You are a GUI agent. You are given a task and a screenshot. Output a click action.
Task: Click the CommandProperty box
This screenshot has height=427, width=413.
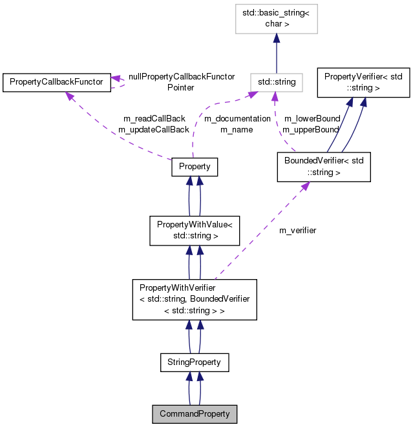(195, 413)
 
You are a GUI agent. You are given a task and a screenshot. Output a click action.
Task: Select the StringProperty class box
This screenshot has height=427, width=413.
(195, 362)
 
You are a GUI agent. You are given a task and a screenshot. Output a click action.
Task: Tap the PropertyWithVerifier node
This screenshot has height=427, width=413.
(195, 300)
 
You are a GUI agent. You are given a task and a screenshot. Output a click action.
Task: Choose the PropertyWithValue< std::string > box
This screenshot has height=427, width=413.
(195, 231)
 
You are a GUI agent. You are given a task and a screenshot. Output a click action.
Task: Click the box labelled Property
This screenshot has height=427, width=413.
(195, 167)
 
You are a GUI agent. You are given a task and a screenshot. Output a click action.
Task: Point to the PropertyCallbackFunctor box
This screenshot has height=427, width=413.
(57, 82)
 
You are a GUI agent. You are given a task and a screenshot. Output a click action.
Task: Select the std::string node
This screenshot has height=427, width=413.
(277, 82)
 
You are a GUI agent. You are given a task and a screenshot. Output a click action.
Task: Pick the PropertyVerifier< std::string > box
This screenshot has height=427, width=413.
(363, 81)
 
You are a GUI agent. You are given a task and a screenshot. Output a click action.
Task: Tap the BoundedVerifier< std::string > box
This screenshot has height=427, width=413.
(323, 167)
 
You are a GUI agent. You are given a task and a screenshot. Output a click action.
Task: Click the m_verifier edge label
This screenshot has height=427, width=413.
(297, 231)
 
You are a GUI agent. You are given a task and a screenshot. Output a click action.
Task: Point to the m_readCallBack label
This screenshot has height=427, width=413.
(154, 119)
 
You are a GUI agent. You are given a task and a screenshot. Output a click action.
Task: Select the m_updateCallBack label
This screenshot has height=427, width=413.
(154, 130)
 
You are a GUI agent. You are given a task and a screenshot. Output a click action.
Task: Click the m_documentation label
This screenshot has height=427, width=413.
(237, 119)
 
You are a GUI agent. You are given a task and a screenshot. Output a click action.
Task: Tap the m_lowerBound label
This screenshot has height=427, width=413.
(312, 119)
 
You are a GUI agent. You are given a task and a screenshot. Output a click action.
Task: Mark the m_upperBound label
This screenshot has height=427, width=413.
(310, 130)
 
